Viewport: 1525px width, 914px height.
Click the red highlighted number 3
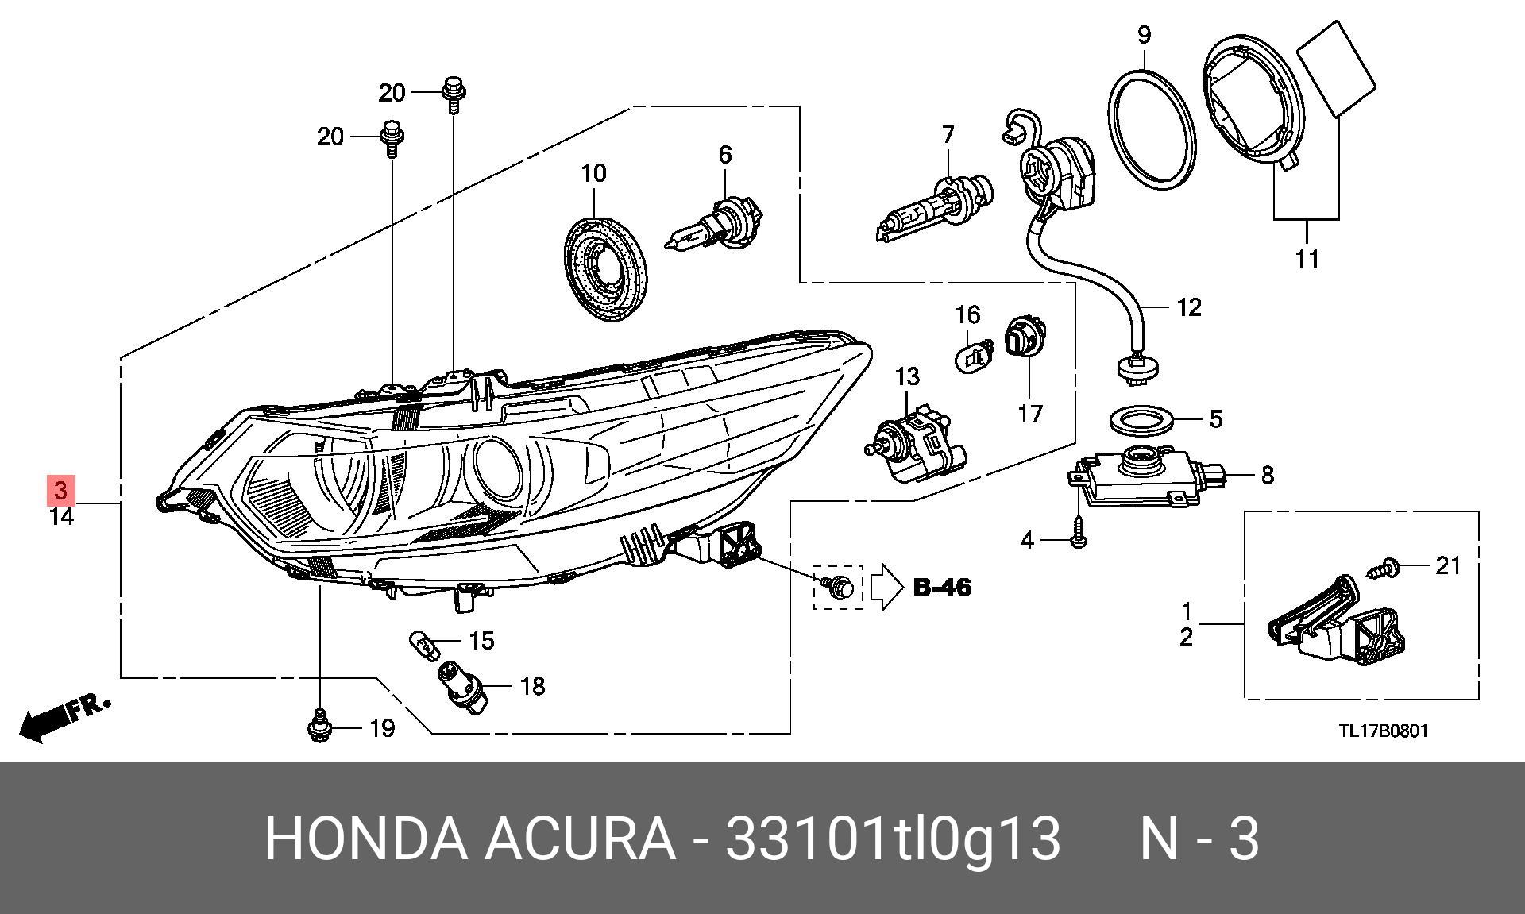[x=62, y=490]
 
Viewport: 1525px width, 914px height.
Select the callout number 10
[x=593, y=173]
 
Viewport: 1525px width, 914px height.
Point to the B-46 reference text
[x=943, y=588]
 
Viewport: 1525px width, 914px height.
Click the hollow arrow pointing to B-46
[x=887, y=587]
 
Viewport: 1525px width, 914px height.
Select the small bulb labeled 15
[x=423, y=643]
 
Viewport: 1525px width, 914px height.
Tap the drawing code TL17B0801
[x=1383, y=730]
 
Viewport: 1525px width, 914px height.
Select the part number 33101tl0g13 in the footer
[x=894, y=839]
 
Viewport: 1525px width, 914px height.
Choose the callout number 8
[x=1267, y=475]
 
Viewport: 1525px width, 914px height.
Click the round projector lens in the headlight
[x=497, y=461]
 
